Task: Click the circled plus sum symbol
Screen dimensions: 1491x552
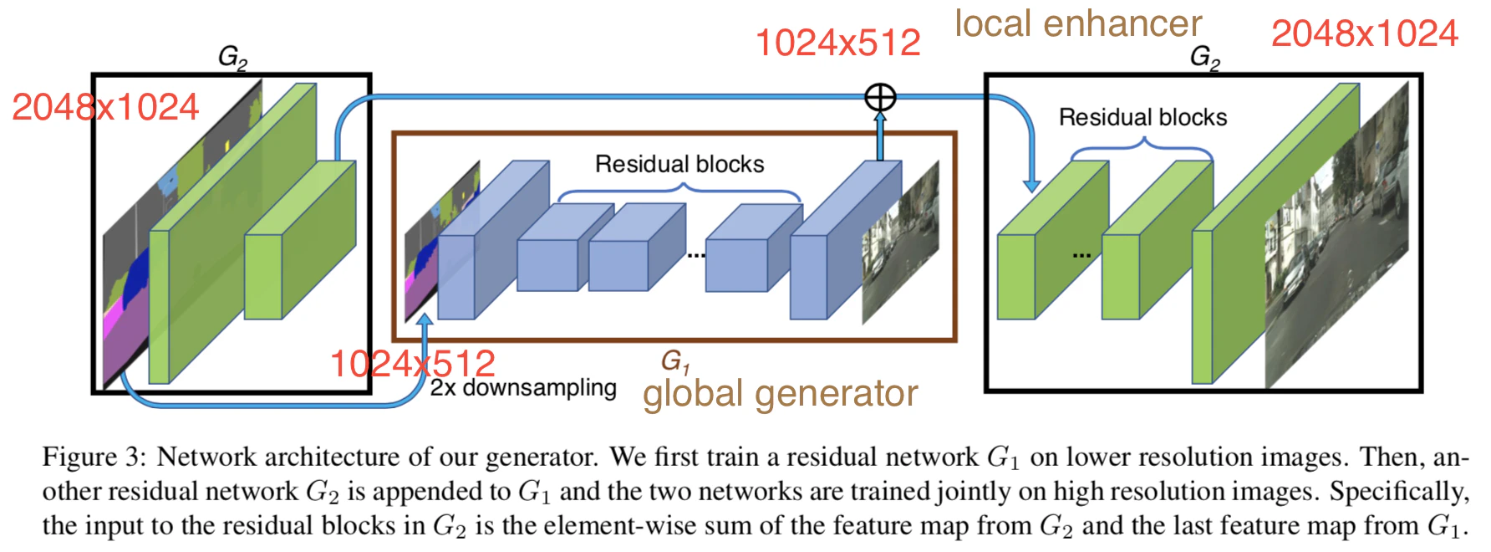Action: pyautogui.click(x=879, y=97)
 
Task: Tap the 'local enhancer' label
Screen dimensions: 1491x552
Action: pyautogui.click(x=1078, y=23)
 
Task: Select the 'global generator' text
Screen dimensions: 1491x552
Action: pyautogui.click(x=780, y=394)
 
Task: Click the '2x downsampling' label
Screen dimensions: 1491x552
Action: pyautogui.click(x=523, y=387)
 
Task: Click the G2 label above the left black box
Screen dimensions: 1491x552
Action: pyautogui.click(x=232, y=58)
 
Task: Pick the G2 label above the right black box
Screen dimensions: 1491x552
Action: pyautogui.click(x=1204, y=58)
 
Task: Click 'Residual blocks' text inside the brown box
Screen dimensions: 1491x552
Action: pyautogui.click(x=679, y=164)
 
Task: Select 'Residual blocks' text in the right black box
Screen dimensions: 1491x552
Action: pyautogui.click(x=1142, y=117)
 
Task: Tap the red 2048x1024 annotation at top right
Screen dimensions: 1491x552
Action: pyautogui.click(x=1364, y=33)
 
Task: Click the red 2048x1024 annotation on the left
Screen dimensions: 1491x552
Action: pyautogui.click(x=105, y=107)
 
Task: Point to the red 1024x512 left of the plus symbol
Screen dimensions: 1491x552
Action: pyautogui.click(x=837, y=43)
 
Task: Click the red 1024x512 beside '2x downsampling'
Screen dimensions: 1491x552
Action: pyautogui.click(x=413, y=364)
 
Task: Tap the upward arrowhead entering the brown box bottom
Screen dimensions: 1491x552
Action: pyautogui.click(x=426, y=321)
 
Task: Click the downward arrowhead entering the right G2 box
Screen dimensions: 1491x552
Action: pyautogui.click(x=1032, y=185)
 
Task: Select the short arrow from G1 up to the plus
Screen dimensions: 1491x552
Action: pyautogui.click(x=879, y=135)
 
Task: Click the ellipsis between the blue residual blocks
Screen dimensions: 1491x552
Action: pyautogui.click(x=696, y=254)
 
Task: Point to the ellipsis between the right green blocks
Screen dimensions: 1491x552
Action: pyautogui.click(x=1081, y=254)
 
